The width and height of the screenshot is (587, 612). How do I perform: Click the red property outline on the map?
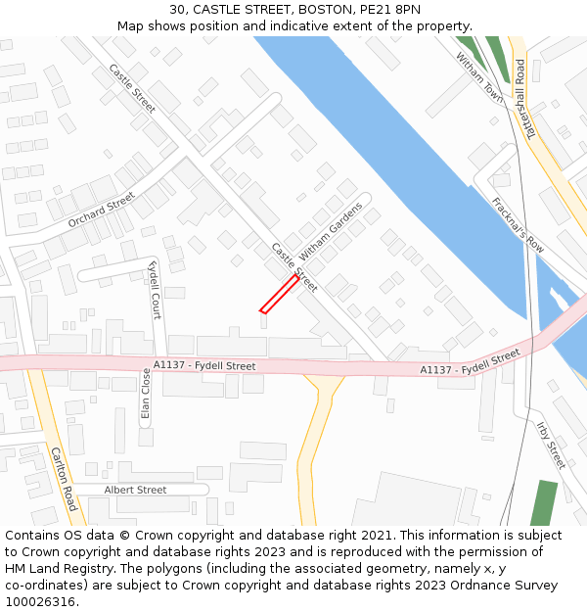(279, 294)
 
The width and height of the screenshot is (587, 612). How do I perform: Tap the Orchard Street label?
(101, 210)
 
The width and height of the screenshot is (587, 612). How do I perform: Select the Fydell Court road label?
(155, 290)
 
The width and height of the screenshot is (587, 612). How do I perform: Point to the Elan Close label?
(146, 394)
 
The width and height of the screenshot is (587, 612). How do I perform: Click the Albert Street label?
(135, 490)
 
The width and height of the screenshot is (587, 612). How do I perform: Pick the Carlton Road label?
(63, 479)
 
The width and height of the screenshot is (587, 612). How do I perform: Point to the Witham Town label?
(479, 78)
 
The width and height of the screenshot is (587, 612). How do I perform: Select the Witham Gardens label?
(331, 231)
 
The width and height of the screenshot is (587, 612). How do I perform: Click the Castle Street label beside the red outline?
(293, 266)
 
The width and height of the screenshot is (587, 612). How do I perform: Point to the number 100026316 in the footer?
(42, 601)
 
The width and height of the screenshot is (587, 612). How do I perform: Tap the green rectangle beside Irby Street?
(544, 502)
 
